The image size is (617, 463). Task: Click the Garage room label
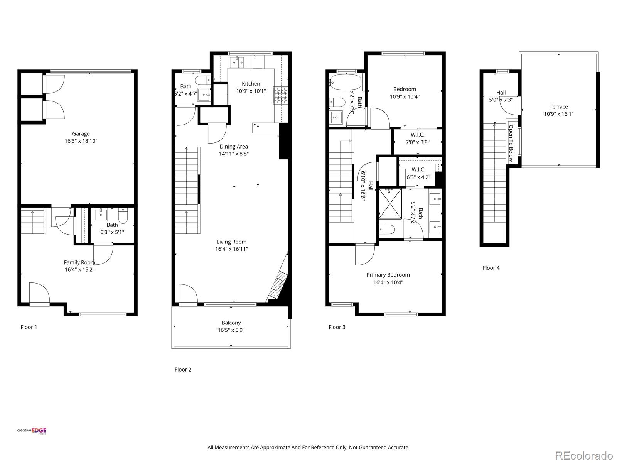[81, 134]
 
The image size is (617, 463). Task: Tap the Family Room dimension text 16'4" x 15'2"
[79, 270]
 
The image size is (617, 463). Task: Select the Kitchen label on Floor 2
[251, 84]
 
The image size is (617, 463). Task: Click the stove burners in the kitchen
[281, 96]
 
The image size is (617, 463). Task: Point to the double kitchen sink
[237, 61]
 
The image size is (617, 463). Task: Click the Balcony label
[231, 323]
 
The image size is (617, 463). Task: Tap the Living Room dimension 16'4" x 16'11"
[231, 249]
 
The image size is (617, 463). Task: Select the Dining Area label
[234, 147]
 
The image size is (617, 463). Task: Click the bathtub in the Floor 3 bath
[346, 82]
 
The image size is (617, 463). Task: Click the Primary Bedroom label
[388, 275]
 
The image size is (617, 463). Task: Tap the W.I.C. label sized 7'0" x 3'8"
[417, 135]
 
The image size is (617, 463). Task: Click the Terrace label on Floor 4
[558, 107]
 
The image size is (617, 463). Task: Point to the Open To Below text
[511, 143]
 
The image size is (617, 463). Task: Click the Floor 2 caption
[183, 370]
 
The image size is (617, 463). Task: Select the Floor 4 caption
[491, 268]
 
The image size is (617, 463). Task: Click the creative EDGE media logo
[32, 431]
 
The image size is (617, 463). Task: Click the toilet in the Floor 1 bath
[123, 217]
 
